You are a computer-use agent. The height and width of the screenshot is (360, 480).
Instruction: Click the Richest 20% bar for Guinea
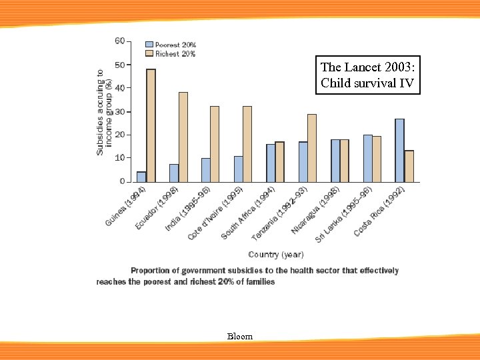click(x=151, y=125)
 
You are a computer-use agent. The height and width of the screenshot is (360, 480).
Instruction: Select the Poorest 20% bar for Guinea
click(x=141, y=177)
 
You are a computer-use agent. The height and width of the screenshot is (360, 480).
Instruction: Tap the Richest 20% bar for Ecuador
click(x=183, y=137)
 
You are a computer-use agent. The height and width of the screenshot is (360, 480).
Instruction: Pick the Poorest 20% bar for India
click(x=206, y=170)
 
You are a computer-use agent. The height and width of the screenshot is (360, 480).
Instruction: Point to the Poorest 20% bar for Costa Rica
click(x=399, y=150)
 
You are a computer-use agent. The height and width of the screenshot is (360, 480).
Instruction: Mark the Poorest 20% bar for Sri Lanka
click(x=367, y=158)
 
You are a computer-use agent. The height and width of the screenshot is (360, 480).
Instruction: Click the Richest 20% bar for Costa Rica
click(x=409, y=166)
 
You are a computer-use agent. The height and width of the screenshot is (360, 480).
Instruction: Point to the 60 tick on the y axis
click(x=119, y=41)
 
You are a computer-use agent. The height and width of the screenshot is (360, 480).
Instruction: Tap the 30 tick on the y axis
click(x=119, y=111)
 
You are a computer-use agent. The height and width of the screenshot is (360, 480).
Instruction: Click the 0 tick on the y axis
click(x=122, y=181)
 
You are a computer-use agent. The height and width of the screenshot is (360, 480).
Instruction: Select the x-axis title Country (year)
click(x=276, y=255)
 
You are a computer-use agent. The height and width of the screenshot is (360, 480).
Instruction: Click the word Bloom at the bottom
click(x=240, y=337)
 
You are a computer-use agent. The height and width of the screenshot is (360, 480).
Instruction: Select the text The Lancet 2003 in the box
click(x=368, y=67)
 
